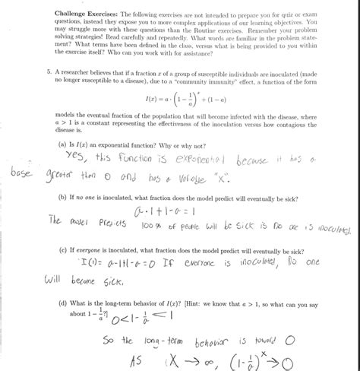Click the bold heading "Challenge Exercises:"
tap(81, 15)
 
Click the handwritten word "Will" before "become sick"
tap(62, 279)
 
